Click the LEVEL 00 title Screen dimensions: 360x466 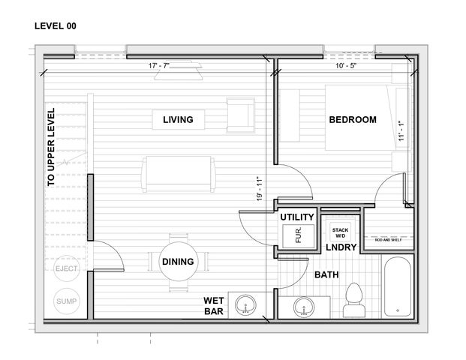[x=55, y=25]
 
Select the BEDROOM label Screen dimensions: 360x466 [x=352, y=119]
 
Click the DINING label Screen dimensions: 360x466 [x=178, y=262]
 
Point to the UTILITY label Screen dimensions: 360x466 [x=296, y=217]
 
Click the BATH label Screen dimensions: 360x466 [x=326, y=275]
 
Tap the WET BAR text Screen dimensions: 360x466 [x=214, y=306]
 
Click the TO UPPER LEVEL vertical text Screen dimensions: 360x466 [x=51, y=147]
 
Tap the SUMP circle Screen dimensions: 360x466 [x=67, y=301]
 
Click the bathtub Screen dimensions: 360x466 [x=398, y=287]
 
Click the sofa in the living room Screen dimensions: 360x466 [x=179, y=174]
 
